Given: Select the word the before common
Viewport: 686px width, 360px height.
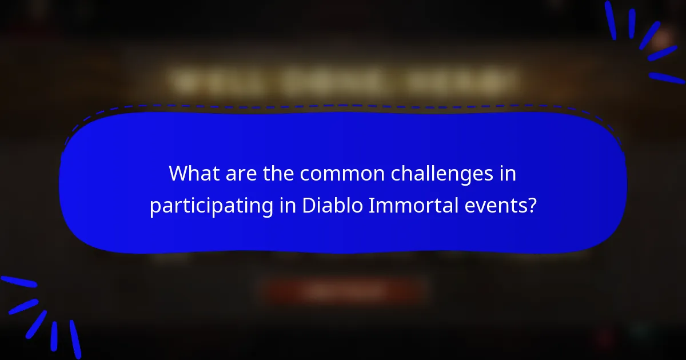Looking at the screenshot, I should [277, 173].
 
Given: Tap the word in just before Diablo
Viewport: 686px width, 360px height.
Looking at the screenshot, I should [286, 205].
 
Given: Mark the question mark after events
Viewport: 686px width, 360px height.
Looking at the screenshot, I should [532, 205].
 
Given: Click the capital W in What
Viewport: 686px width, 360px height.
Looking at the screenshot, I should [178, 173].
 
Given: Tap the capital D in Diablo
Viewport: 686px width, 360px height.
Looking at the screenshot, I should [308, 205].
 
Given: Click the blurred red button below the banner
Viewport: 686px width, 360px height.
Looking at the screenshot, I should [343, 291].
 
